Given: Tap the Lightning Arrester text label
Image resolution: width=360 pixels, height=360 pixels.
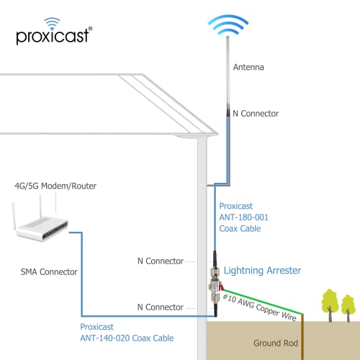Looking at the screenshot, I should point(262,270).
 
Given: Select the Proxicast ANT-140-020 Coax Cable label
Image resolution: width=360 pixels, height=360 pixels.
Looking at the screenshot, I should point(127,331).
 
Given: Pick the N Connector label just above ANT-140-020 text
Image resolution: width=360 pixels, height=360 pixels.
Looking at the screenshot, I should point(160,307).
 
